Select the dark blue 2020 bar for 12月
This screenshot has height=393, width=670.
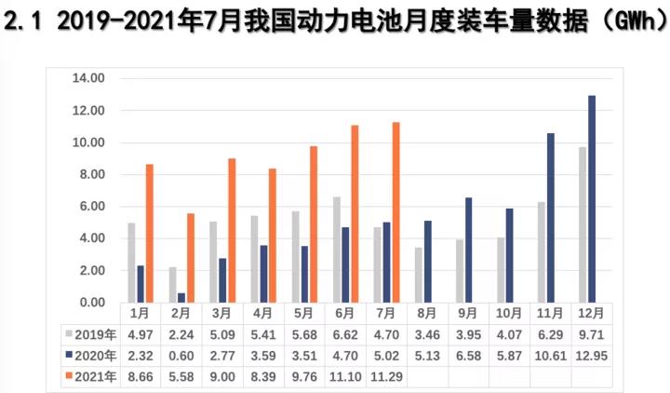[x=592, y=198]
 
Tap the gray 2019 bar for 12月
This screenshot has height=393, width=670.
[x=582, y=224]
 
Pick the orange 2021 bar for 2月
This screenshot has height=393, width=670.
[x=191, y=257]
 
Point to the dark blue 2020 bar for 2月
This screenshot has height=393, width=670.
[x=181, y=297]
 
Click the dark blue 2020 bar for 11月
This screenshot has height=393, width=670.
[x=551, y=217]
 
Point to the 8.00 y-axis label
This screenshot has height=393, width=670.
[x=91, y=174]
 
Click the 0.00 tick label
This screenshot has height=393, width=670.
[x=91, y=303]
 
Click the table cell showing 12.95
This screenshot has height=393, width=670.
[x=592, y=356]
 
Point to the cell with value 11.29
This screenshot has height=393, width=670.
[x=386, y=377]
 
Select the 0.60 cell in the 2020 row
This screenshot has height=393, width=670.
[x=181, y=356]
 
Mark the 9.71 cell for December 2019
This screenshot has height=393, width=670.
[x=592, y=334]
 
